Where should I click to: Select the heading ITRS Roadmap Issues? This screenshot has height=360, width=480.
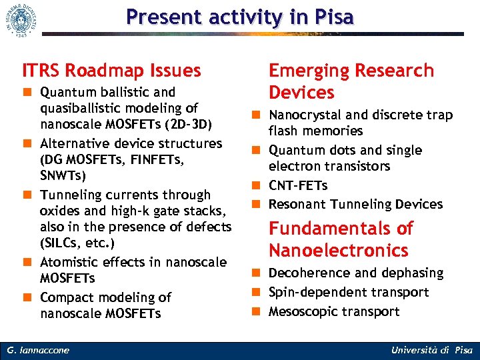pos(111,70)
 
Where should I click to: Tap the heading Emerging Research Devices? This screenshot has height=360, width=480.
pos(351,81)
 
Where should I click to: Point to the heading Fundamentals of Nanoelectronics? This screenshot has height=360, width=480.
pos(340,239)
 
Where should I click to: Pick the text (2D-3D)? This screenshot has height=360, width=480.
pos(192,125)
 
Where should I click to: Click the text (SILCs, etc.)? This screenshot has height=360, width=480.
pos(77,243)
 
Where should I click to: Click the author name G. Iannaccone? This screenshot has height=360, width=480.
pos(39,350)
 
